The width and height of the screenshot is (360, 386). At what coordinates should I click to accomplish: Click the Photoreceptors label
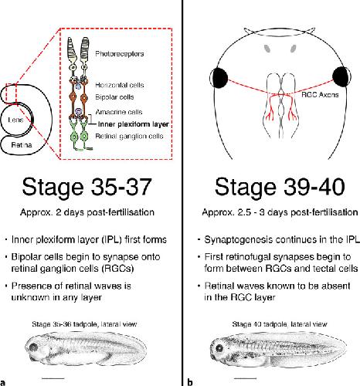(120, 54)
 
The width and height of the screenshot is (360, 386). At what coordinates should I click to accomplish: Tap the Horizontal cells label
(120, 85)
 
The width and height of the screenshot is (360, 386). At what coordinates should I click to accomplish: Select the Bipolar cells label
(114, 97)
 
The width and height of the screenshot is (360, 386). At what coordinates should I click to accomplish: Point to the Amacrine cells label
(119, 112)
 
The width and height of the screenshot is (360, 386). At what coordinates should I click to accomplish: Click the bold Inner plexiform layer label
(134, 124)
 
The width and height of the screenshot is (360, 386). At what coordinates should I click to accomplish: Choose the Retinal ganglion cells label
(129, 136)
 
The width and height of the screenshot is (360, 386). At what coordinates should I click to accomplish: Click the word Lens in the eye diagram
(15, 120)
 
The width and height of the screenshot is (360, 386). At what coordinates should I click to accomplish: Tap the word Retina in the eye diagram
(22, 145)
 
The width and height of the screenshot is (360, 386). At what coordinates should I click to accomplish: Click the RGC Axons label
(320, 95)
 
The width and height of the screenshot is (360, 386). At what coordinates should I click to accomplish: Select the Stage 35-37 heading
(87, 187)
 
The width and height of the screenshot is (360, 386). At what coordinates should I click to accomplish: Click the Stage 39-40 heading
(280, 187)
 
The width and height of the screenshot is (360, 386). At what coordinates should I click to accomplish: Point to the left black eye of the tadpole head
(219, 77)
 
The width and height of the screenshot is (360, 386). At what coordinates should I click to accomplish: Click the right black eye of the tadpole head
(341, 76)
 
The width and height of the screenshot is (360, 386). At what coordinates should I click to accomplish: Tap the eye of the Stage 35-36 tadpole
(33, 347)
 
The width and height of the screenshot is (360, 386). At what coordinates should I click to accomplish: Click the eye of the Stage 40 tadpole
(219, 349)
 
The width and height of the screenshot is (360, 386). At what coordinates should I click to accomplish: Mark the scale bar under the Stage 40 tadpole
(246, 378)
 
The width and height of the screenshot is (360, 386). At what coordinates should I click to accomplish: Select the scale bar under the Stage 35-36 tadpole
(53, 378)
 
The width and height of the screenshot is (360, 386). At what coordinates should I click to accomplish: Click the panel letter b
(190, 382)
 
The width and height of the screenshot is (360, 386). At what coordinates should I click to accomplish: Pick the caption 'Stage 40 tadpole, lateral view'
(280, 324)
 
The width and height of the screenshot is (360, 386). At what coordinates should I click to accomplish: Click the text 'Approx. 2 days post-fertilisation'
(87, 212)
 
